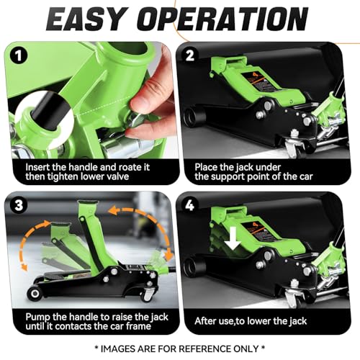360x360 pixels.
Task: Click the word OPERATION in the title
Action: point(222,19)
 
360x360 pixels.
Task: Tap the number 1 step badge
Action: point(19,56)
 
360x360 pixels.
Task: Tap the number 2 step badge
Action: point(190,56)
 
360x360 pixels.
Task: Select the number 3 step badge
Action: point(19,206)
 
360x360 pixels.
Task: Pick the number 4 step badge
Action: point(190,206)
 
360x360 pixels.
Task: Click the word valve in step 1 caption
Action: point(117,176)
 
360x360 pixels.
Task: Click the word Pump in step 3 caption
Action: point(37,318)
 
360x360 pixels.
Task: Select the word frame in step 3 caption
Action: point(138,326)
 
